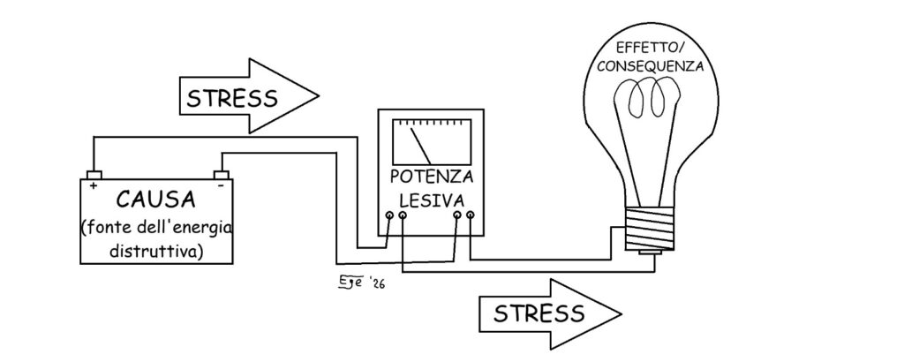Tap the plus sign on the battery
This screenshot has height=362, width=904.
[93, 185]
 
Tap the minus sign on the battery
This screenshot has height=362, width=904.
[219, 185]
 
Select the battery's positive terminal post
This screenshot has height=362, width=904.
[93, 174]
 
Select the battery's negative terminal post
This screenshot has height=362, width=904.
[222, 174]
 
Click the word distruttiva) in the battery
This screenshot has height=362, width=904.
[155, 251]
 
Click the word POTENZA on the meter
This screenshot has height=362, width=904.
[431, 175]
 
